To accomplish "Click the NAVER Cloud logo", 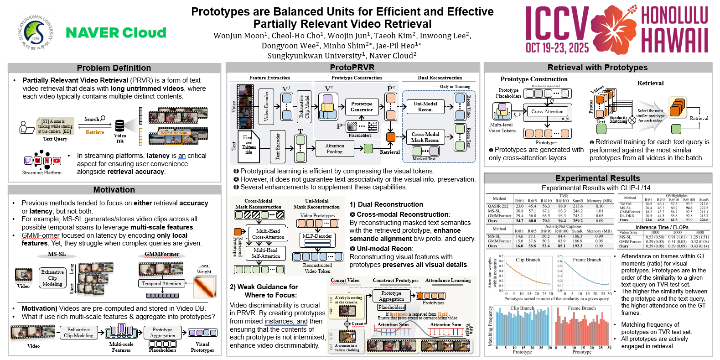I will pyautogui.click(x=116, y=33).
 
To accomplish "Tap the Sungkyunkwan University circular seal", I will pyautogui.click(x=36, y=32).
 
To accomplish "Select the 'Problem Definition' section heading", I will pyautogui.click(x=114, y=68).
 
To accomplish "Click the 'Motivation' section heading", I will pyautogui.click(x=114, y=190).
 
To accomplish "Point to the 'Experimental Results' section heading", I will pyautogui.click(x=597, y=178).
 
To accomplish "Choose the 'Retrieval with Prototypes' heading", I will pyautogui.click(x=597, y=68).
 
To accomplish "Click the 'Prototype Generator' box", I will pyautogui.click(x=362, y=107).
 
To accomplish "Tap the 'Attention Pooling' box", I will pyautogui.click(x=334, y=149).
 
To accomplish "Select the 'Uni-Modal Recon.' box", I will pyautogui.click(x=425, y=107).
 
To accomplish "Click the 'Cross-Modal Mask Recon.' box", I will pyautogui.click(x=425, y=137).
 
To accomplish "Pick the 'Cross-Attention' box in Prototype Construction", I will pyautogui.click(x=547, y=111).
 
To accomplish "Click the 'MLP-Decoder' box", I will pyautogui.click(x=317, y=236).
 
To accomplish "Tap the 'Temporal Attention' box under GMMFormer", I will pyautogui.click(x=161, y=283).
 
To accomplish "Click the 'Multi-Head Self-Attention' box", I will pyautogui.click(x=265, y=253).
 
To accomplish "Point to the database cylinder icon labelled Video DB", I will pyautogui.click(x=120, y=125).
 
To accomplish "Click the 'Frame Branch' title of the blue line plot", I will pyautogui.click(x=587, y=260).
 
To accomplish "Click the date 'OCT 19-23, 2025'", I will pyautogui.click(x=557, y=48).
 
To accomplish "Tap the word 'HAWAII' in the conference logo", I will pyautogui.click(x=674, y=40).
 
